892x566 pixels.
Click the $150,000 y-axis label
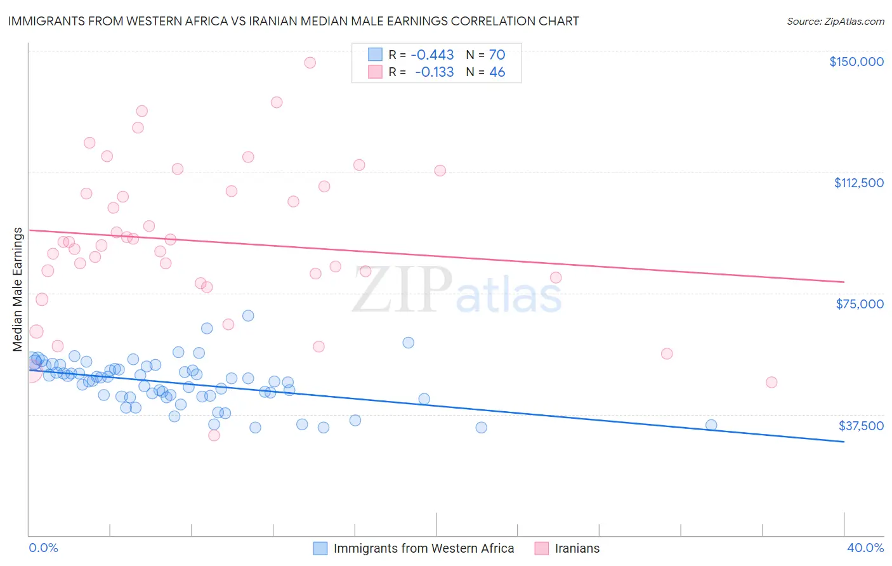(x=856, y=62)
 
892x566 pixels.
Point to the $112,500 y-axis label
(x=858, y=183)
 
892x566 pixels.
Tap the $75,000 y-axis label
(x=860, y=304)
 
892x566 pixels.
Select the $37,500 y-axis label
(x=861, y=426)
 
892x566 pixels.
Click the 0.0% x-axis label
(x=43, y=548)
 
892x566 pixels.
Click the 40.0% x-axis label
(x=865, y=548)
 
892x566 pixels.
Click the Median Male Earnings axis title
(x=18, y=289)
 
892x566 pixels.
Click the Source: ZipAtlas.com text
(x=835, y=21)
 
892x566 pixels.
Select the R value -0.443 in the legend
(x=432, y=55)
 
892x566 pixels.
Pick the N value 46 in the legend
(x=497, y=72)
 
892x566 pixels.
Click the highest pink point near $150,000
(x=310, y=63)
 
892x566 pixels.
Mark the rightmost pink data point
(x=771, y=382)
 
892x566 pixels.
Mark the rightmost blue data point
(x=711, y=425)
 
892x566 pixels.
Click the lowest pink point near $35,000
(x=214, y=435)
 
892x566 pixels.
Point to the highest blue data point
(x=248, y=315)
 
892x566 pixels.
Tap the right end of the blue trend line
(x=844, y=441)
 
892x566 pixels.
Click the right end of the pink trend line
(x=844, y=282)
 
